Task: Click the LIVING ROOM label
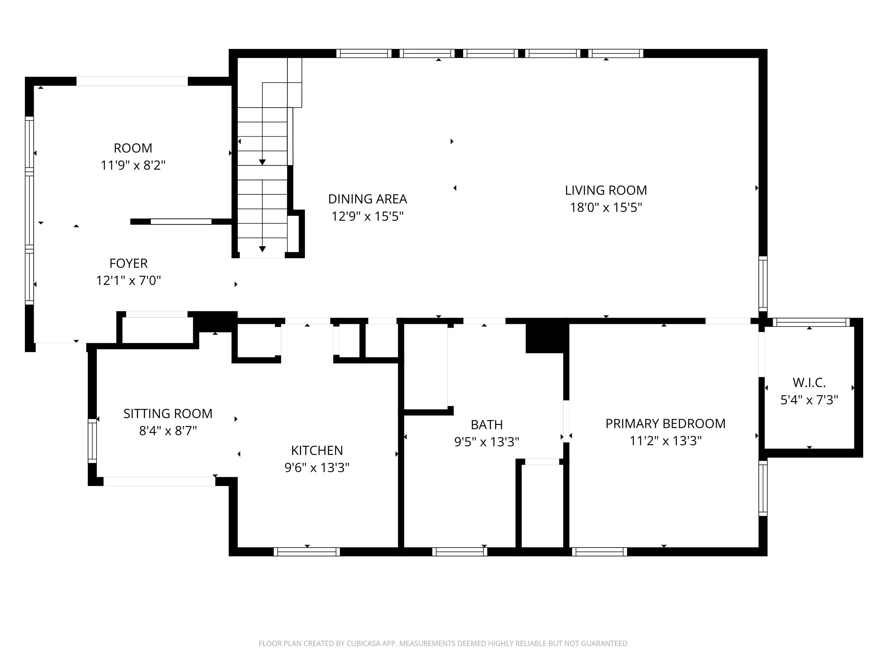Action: (x=606, y=190)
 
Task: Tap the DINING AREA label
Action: (x=367, y=199)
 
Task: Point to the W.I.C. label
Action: (x=809, y=383)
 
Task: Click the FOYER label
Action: (x=128, y=263)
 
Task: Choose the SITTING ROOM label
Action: (x=168, y=413)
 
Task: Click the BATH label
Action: (x=486, y=424)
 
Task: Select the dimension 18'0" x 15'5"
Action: (x=606, y=208)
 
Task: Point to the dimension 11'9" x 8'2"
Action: (x=133, y=165)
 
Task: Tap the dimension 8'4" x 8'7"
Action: (x=168, y=431)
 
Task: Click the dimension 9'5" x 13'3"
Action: (x=486, y=442)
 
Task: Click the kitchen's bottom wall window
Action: (x=307, y=552)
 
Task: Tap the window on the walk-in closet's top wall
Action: (x=811, y=322)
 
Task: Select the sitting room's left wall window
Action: (x=92, y=441)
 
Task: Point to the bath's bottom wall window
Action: (x=460, y=552)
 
